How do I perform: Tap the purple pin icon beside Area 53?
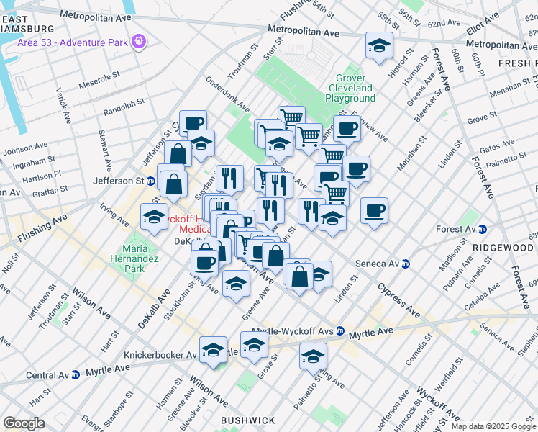point(140,41)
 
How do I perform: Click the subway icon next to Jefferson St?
point(151,181)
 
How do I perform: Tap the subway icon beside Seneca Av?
point(406,264)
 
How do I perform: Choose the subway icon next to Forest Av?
point(483,229)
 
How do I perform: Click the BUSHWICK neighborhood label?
point(248,420)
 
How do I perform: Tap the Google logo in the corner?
point(24,423)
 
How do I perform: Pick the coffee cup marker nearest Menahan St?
point(374,210)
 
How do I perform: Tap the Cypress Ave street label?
point(397,300)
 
